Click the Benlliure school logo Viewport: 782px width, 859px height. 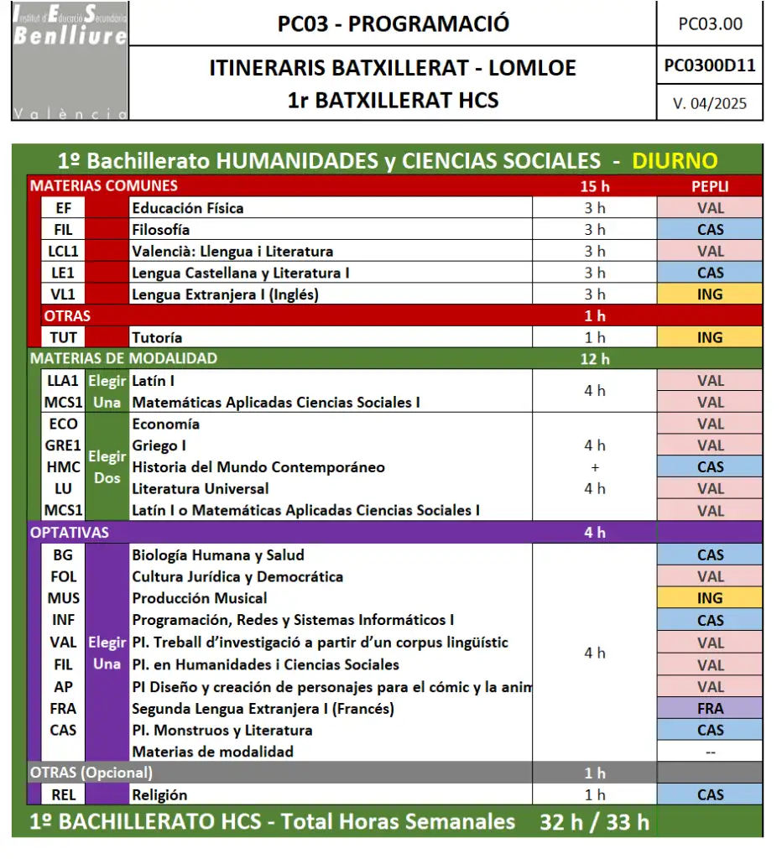70,60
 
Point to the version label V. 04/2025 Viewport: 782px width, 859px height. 709,104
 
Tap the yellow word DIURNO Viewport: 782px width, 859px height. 675,161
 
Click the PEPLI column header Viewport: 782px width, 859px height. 710,186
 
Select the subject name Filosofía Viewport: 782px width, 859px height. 161,230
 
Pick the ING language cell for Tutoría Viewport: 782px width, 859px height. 710,337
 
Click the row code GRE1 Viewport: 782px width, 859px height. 63,445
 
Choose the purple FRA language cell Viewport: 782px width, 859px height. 710,708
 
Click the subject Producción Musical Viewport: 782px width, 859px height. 200,598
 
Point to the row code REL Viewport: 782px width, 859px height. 63,794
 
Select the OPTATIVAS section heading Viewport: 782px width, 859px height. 70,532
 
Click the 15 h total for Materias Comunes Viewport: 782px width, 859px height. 594,186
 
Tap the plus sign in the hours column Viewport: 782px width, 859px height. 595,467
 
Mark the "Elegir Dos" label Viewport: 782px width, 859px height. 107,467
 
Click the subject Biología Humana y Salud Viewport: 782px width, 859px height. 218,554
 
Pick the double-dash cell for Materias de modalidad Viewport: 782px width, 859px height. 710,752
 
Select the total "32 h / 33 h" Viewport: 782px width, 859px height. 594,822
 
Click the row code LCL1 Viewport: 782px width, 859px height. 63,251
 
